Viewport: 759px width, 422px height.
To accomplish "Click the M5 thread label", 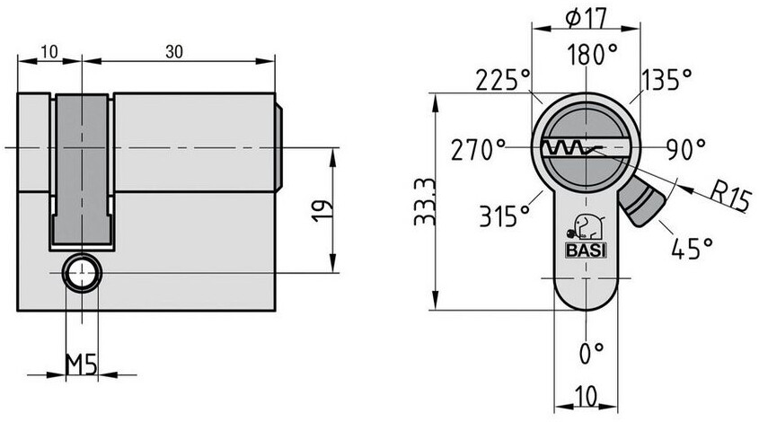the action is (x=82, y=365).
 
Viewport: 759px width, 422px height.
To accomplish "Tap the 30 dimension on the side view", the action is (x=174, y=51).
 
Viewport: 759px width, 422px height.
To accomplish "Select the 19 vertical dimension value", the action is (x=322, y=210).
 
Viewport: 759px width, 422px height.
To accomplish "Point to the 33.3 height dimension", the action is (x=425, y=201).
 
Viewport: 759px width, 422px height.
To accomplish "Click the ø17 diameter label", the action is (x=586, y=19).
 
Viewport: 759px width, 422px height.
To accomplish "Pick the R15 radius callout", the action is (x=731, y=196).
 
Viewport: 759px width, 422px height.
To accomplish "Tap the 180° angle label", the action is (x=593, y=54).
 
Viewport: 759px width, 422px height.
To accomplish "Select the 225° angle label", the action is (x=503, y=80).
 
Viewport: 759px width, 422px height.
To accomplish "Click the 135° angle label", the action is (x=666, y=79).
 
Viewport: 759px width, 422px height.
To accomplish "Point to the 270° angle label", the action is (x=478, y=150).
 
